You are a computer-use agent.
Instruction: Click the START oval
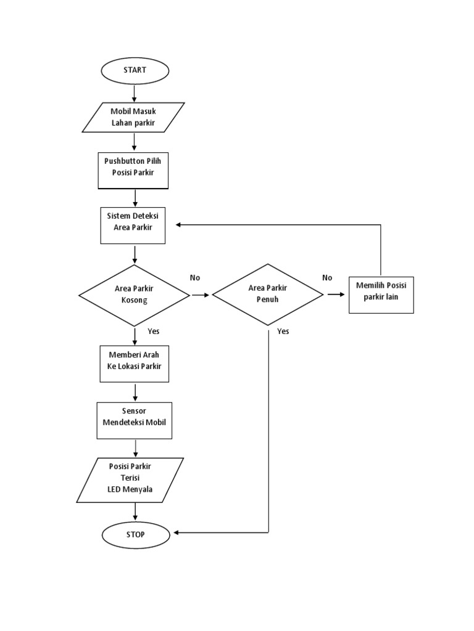click(135, 70)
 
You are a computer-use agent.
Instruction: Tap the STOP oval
click(135, 534)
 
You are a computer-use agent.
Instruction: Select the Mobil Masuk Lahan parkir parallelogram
click(134, 117)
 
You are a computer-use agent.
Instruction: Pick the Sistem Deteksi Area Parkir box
click(133, 226)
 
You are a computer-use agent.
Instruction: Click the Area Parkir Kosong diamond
click(134, 295)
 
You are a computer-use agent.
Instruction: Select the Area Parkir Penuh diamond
click(267, 295)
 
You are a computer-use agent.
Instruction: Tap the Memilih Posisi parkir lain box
click(381, 295)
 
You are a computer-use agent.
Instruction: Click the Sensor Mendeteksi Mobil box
click(134, 420)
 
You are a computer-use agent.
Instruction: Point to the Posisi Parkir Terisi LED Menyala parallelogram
click(131, 479)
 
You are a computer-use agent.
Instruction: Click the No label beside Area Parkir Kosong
click(195, 278)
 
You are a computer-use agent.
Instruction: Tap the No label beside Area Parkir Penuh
click(327, 278)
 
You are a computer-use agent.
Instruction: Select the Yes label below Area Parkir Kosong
click(154, 331)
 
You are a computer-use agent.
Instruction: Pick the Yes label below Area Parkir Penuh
click(283, 331)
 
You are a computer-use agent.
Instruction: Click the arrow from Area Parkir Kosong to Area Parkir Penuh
click(201, 295)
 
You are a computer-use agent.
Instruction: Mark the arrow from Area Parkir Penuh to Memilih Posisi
click(336, 295)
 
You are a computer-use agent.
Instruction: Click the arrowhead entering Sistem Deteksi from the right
click(178, 225)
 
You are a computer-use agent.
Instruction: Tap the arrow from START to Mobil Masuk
click(134, 91)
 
